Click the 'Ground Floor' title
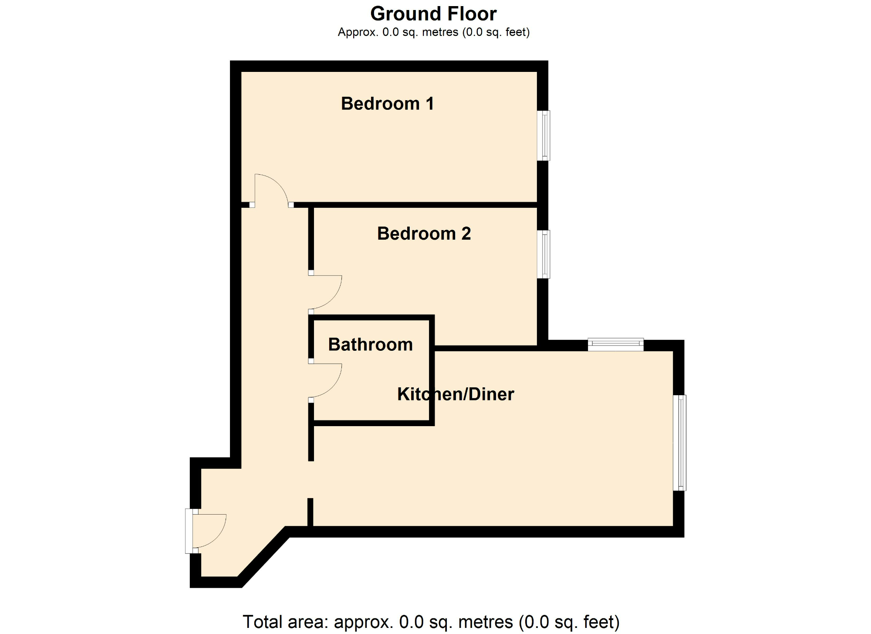coord(433,14)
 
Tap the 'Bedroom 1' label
coord(387,104)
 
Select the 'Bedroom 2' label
coord(424,234)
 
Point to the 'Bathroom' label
coord(370,345)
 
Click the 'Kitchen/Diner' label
coord(456,394)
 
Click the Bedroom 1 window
coord(544,136)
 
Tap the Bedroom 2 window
coord(544,254)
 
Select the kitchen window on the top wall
coord(615,345)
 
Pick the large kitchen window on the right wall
coord(679,443)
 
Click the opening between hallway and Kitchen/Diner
coord(311,479)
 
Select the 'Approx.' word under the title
coord(358,32)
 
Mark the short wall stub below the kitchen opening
coord(311,512)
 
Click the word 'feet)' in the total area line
coord(601,622)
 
